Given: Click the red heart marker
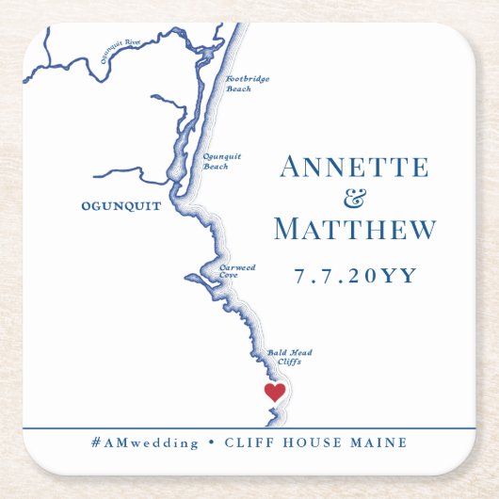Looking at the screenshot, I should [274, 392].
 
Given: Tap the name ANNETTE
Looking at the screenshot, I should [354, 168].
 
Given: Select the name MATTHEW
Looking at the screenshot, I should [355, 229].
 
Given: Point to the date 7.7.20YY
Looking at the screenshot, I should [355, 276].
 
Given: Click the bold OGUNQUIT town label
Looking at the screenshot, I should [121, 205].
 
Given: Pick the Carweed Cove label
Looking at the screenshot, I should [236, 271].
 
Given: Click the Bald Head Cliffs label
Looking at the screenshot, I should [289, 356].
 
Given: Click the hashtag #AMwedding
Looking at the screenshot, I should [145, 443].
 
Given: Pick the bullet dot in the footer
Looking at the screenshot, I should [211, 443].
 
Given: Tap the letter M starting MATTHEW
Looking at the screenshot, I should [288, 229].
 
